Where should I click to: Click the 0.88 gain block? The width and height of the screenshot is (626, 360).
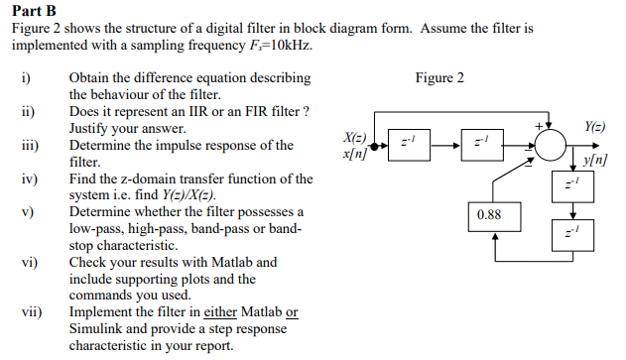tap(489, 214)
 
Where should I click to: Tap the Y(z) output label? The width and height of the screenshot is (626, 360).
tap(594, 127)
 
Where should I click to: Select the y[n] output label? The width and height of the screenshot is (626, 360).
tap(595, 159)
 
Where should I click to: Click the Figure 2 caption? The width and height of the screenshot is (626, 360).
tap(440, 77)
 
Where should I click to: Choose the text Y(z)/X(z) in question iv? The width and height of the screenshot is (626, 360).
tap(194, 195)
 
